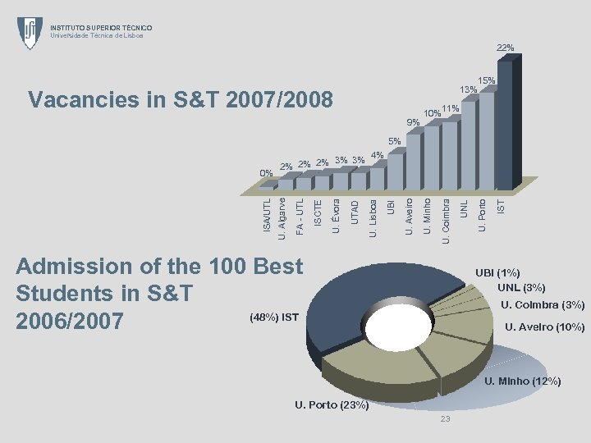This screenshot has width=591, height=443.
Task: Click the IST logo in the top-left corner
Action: pos(30,33)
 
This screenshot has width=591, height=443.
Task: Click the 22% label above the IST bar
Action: pos(505,48)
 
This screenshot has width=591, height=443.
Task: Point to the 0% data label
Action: pos(266,173)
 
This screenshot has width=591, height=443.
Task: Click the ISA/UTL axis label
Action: pos(266,211)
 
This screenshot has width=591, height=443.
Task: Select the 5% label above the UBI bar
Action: pos(394,141)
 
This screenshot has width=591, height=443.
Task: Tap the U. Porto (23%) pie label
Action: pos(331,405)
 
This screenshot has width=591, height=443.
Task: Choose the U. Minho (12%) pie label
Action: pos(522,381)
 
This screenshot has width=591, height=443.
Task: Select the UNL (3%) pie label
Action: pos(521,287)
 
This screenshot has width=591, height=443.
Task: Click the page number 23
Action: pos(445,420)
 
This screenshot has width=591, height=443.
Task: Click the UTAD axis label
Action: pos(355,205)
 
